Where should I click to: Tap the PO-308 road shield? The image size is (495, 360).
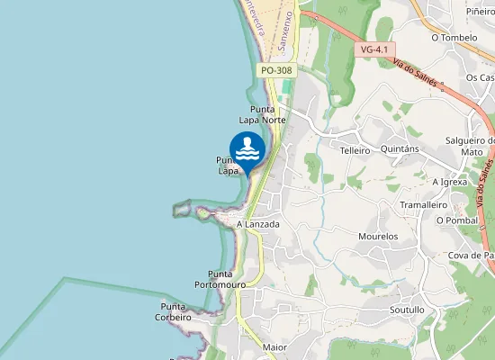pyautogui.click(x=276, y=70)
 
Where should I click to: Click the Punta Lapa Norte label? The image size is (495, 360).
pyautogui.click(x=262, y=113)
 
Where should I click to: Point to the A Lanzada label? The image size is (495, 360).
pyautogui.click(x=257, y=224)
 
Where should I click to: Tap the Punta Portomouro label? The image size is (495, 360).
pyautogui.click(x=220, y=279)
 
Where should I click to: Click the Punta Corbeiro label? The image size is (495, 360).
pyautogui.click(x=173, y=311)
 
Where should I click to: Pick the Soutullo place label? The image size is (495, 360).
pyautogui.click(x=407, y=310)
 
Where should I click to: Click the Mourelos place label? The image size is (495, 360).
pyautogui.click(x=378, y=236)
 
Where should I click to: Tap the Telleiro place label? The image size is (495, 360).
pyautogui.click(x=355, y=150)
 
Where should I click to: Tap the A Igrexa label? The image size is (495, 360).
pyautogui.click(x=450, y=181)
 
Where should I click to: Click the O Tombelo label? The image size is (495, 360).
pyautogui.click(x=454, y=38)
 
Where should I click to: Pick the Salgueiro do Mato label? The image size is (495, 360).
pyautogui.click(x=471, y=147)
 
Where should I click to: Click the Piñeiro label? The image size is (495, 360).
pyautogui.click(x=481, y=10)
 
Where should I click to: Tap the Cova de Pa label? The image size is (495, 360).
pyautogui.click(x=472, y=256)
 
